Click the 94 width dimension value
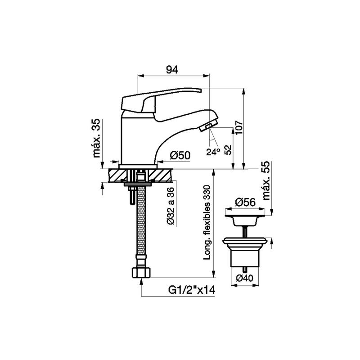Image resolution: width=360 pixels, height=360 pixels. click(x=172, y=69)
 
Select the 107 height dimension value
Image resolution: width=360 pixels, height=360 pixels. click(x=239, y=128)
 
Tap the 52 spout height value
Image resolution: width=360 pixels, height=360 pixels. click(x=228, y=150)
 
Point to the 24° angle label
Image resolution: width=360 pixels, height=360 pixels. click(x=213, y=152)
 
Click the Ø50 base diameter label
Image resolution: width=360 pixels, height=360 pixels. click(x=180, y=156)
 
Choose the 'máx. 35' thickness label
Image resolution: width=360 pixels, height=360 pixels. click(x=97, y=138)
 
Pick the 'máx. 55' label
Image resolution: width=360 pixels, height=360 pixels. click(x=266, y=180)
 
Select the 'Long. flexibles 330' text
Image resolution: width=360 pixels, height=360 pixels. click(x=207, y=222)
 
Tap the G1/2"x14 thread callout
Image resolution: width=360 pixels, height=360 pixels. click(x=192, y=290)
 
